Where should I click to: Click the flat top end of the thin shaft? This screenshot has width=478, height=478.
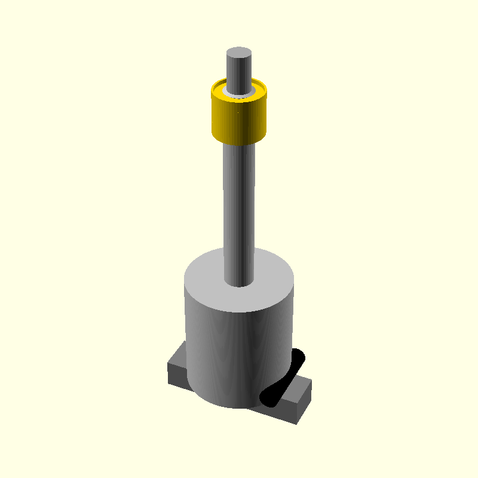[239, 53]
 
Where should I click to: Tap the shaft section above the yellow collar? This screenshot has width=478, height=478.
[238, 72]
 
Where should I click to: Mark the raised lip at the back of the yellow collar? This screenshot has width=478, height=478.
[239, 82]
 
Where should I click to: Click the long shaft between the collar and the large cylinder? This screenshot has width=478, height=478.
[239, 203]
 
